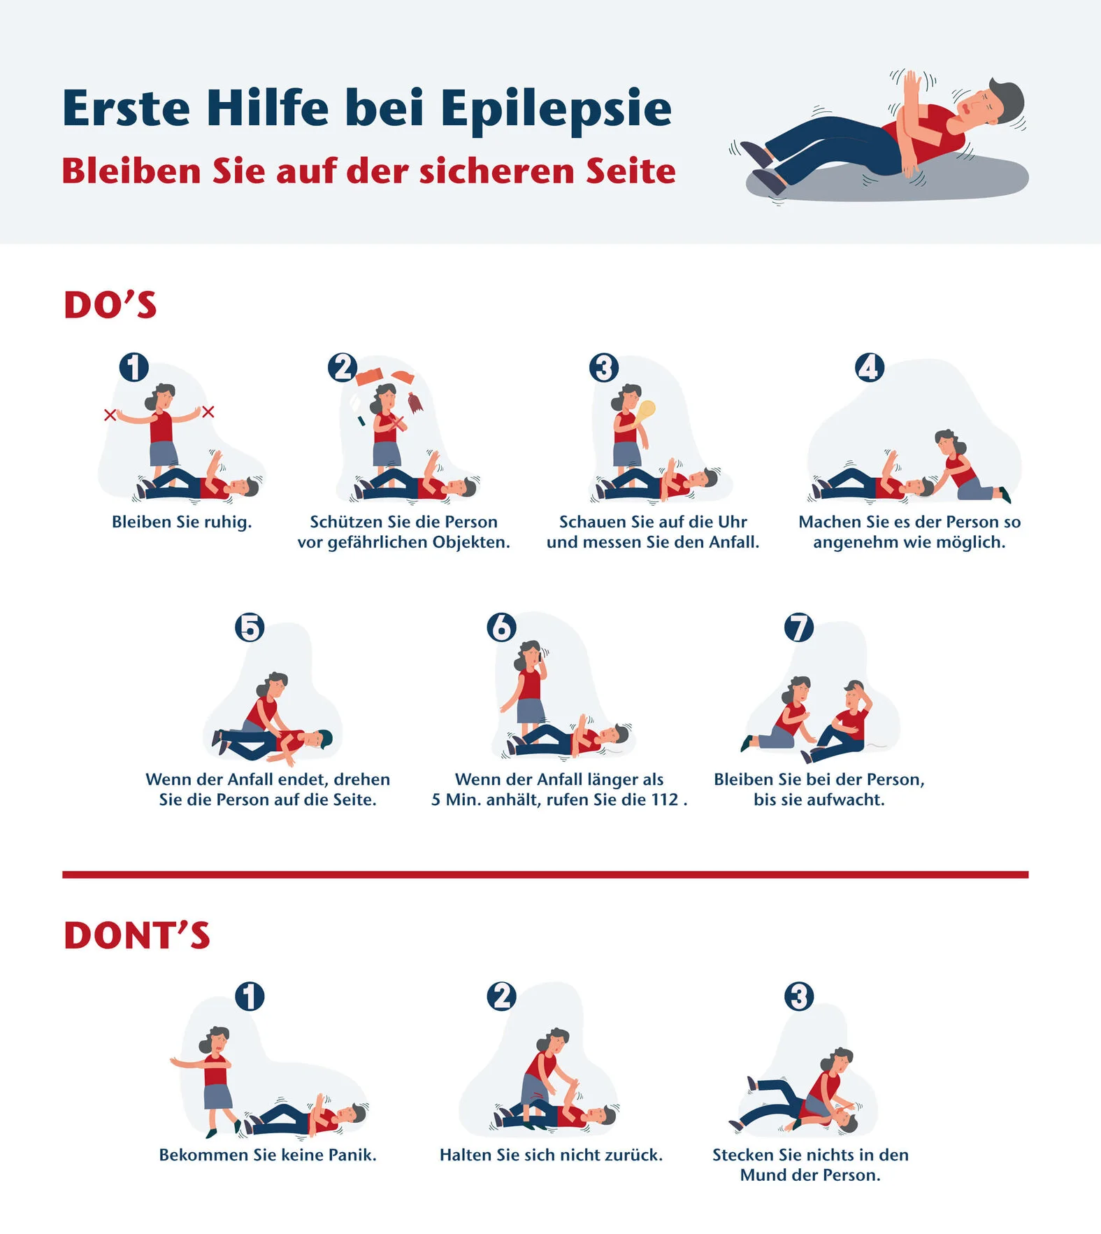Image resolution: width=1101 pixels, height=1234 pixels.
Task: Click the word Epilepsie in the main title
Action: coord(556,110)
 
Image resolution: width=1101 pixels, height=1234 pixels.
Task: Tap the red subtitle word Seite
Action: coord(631,171)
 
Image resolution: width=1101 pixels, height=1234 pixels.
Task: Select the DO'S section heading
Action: coord(110,305)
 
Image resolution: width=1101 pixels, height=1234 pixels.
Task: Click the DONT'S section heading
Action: coord(137,936)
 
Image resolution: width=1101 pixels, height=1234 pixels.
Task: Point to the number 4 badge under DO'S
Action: coord(869,367)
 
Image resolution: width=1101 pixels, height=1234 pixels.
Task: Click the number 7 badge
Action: coord(799,627)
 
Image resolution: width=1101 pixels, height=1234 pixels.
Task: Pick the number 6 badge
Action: coord(501,627)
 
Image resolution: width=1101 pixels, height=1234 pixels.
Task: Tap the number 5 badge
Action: coord(250,627)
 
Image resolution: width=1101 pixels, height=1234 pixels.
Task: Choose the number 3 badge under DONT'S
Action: coord(799,996)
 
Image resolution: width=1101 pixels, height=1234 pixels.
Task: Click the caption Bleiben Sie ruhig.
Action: coord(182,522)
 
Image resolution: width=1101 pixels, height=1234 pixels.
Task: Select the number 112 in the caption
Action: coord(665,800)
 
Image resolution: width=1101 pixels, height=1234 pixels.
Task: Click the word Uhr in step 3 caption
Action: coord(732,522)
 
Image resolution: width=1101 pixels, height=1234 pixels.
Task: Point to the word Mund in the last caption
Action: coord(763,1175)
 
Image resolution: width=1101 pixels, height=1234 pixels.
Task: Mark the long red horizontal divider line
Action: coord(545,874)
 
